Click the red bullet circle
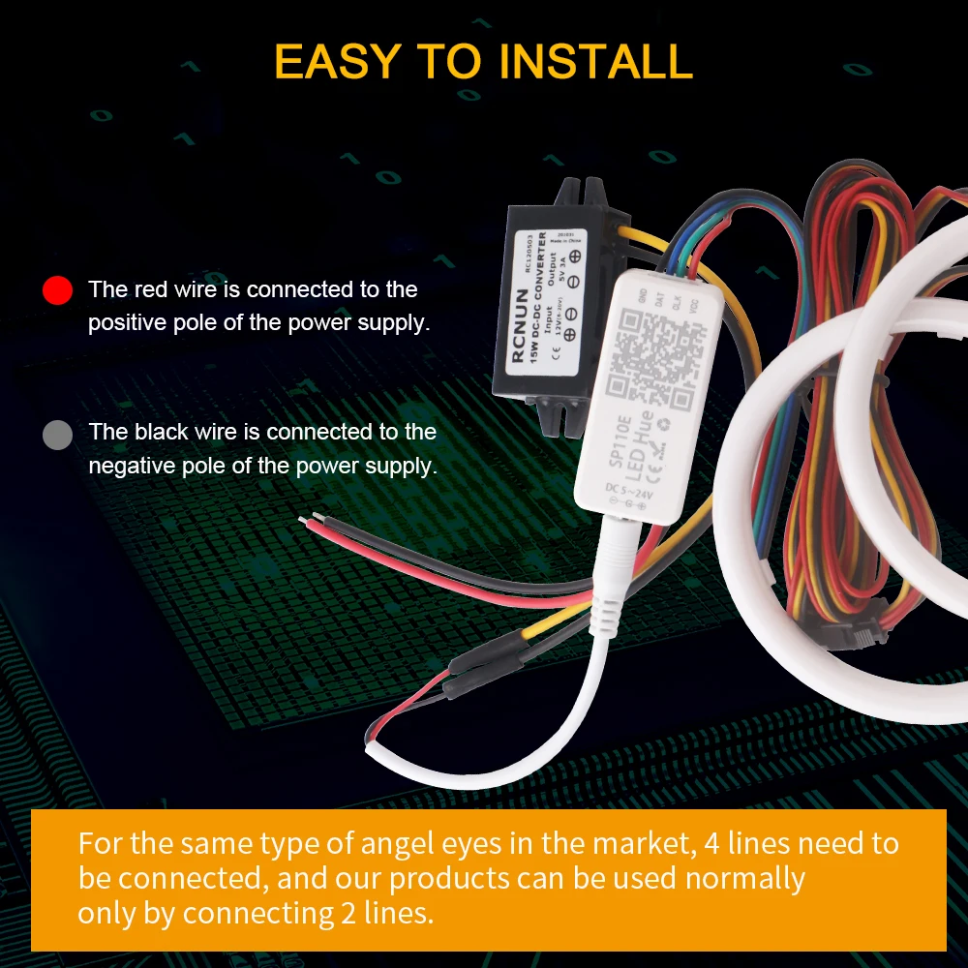point(58,289)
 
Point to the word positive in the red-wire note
point(133,323)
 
